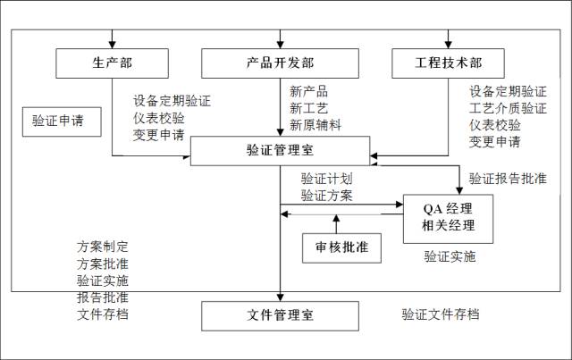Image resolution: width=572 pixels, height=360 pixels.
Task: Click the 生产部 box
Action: tap(112, 63)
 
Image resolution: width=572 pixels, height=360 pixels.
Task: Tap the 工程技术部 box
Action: tap(448, 63)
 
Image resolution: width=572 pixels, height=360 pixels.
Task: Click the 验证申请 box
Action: tap(59, 121)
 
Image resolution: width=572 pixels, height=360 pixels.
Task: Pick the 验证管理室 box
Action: tap(280, 151)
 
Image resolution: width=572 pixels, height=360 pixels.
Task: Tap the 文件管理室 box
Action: tap(280, 316)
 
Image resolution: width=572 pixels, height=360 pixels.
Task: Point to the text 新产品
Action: tap(308, 91)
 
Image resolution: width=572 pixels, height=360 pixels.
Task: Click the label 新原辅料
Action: tap(315, 124)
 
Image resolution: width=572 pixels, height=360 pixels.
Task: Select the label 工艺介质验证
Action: tap(508, 108)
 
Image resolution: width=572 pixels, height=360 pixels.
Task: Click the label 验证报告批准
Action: tap(507, 178)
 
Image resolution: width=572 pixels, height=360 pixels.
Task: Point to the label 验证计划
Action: tap(326, 178)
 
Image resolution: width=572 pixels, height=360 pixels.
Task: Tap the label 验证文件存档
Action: tap(440, 314)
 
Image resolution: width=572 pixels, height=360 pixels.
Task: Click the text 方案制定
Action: tap(103, 247)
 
